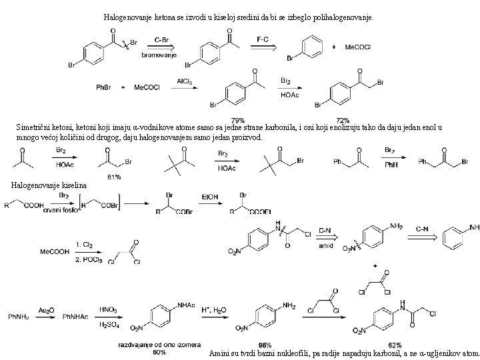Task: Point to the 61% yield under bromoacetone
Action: (113, 177)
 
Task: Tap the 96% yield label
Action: (265, 345)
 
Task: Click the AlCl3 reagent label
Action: (185, 81)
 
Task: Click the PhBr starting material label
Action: (105, 87)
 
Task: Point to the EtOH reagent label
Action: (211, 197)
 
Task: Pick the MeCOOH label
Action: (53, 251)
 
